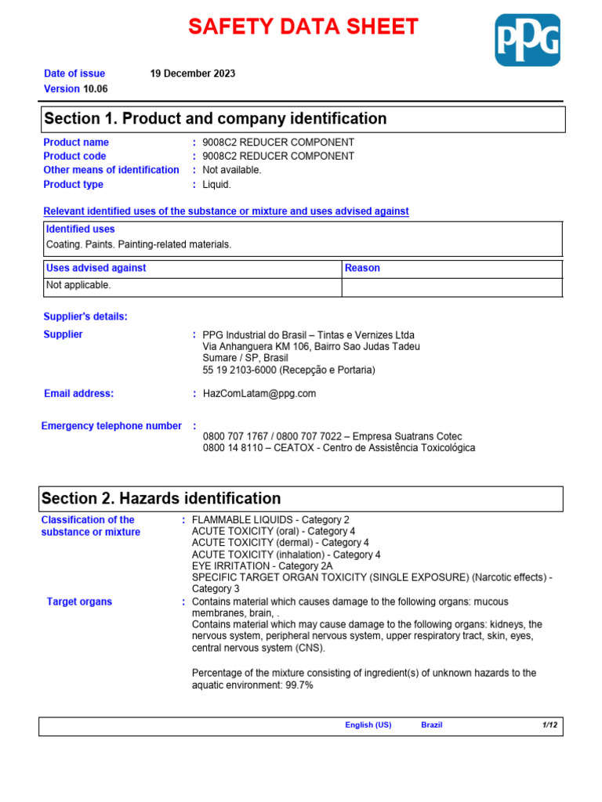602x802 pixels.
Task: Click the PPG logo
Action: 527,40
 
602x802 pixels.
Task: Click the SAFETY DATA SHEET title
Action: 303,27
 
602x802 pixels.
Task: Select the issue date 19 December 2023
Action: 192,74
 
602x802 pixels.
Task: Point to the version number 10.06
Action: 95,89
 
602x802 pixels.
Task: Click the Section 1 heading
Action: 216,119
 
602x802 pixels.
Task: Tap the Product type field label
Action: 74,185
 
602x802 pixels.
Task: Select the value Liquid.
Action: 216,185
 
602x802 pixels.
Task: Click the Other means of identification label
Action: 111,170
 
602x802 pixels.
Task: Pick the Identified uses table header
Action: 81,229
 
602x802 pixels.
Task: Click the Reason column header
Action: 362,268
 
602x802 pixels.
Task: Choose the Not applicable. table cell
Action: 78,285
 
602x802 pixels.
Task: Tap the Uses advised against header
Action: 96,268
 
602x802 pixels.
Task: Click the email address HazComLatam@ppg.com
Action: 259,394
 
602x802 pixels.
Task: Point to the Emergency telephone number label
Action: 111,426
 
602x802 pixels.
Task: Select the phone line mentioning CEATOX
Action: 339,448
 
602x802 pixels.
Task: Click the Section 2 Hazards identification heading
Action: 161,499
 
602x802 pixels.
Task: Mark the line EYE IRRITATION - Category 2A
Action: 263,565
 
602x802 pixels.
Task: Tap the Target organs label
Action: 79,601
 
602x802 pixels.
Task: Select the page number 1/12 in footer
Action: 549,725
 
